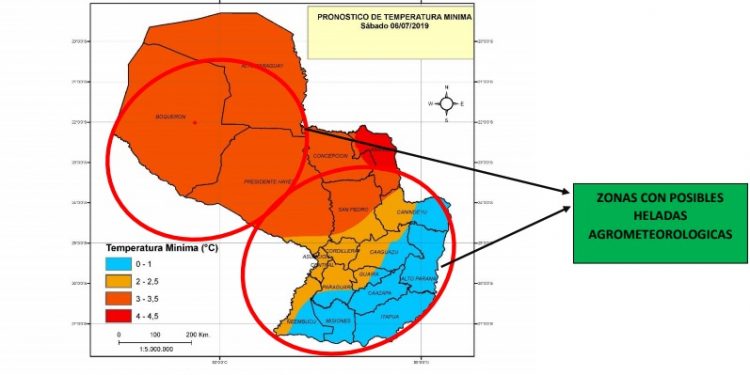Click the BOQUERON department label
coord(171,117)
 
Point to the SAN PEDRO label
coord(353,209)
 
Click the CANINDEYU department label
coord(412,213)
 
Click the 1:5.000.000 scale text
coord(158,349)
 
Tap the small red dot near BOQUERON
coord(195,123)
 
